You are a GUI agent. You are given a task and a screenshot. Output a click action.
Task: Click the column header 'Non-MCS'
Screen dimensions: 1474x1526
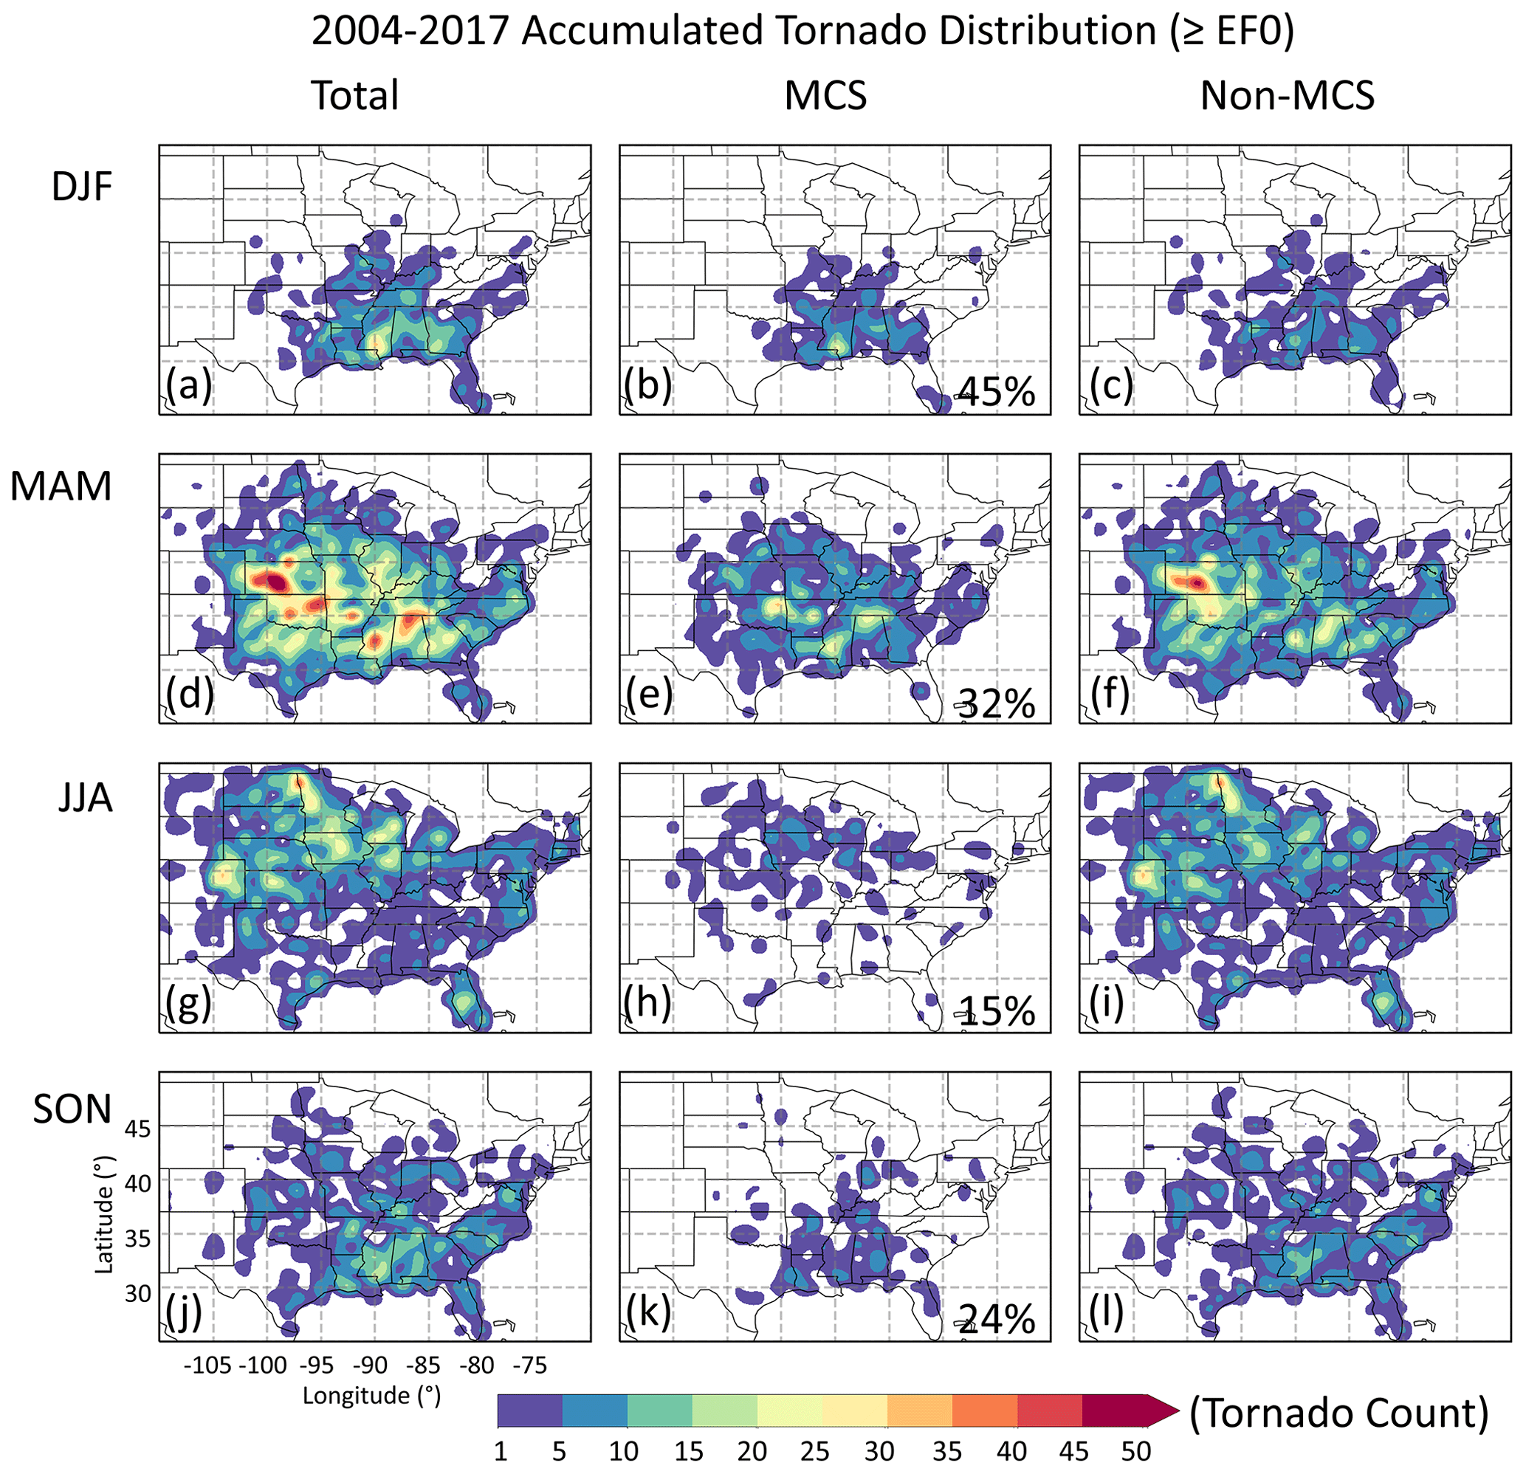1287,96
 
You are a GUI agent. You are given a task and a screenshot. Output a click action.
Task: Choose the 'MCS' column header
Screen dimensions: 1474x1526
825,96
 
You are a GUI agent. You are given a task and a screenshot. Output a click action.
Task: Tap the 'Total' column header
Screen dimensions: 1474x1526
355,96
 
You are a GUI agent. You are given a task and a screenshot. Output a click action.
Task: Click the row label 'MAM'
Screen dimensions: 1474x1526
61,486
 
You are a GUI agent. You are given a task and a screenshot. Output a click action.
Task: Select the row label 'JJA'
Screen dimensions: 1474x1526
86,798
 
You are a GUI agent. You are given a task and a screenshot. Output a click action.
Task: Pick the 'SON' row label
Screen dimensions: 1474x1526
72,1109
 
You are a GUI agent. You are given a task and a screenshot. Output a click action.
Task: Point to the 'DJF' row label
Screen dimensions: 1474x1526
82,187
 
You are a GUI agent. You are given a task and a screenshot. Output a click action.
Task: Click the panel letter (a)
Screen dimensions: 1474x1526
188,385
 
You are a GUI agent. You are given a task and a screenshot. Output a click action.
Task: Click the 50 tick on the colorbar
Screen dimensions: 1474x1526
1136,1451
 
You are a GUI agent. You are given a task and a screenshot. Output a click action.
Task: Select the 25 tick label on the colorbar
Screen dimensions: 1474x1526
814,1451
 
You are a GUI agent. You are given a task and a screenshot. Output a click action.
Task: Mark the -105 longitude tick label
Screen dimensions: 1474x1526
208,1365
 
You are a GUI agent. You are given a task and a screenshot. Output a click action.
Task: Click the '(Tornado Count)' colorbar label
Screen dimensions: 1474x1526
1338,1413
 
